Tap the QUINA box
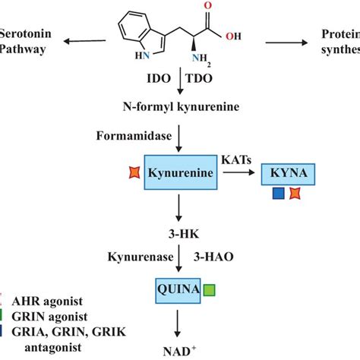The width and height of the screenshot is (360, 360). tap(176, 289)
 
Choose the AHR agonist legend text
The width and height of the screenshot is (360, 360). tap(42, 300)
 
